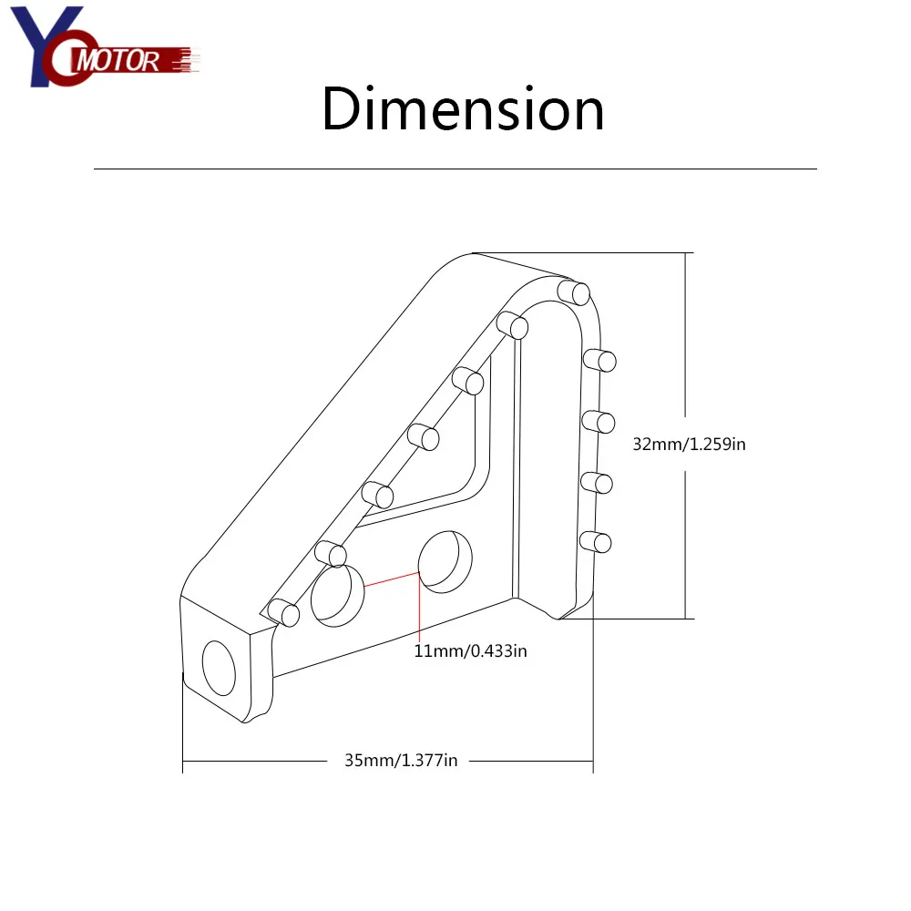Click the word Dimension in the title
click(x=463, y=109)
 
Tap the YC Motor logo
click(x=105, y=46)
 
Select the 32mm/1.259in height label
click(x=689, y=445)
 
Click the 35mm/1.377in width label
click(x=401, y=761)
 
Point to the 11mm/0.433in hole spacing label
click(x=470, y=650)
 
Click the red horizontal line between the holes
click(x=392, y=579)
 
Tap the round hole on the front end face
click(x=219, y=668)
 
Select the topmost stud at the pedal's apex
click(x=573, y=292)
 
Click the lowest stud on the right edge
click(x=596, y=542)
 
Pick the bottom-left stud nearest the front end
click(x=283, y=612)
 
